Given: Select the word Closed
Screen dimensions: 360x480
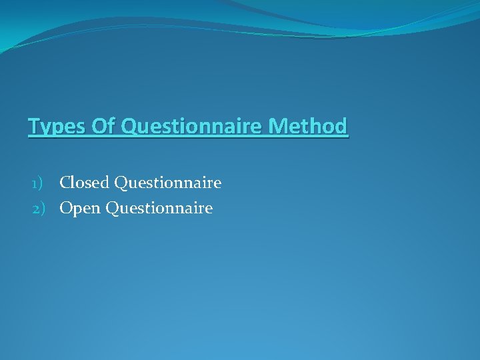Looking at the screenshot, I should [x=85, y=182].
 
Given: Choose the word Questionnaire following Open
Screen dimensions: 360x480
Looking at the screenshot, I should [x=159, y=209].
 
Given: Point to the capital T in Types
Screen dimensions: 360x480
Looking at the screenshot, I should [x=34, y=125].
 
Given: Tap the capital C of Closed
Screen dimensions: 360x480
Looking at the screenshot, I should [x=65, y=182].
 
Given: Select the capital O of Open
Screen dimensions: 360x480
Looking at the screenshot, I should [x=66, y=209].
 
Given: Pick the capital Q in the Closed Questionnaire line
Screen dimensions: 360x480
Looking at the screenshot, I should [x=121, y=182].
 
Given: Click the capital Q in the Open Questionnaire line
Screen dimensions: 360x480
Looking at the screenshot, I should [x=113, y=209].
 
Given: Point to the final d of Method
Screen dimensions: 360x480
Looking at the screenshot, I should [x=341, y=125].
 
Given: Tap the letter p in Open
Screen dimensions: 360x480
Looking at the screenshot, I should [x=78, y=211].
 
